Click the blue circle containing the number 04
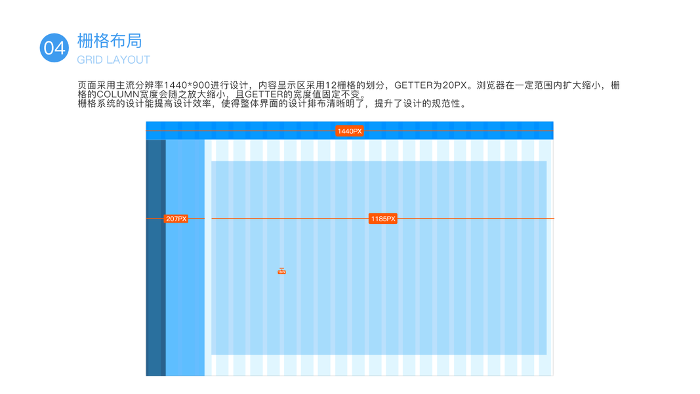(54, 47)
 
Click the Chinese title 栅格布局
(110, 41)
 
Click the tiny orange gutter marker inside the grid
(281, 271)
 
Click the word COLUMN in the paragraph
(118, 95)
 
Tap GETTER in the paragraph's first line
(413, 86)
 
